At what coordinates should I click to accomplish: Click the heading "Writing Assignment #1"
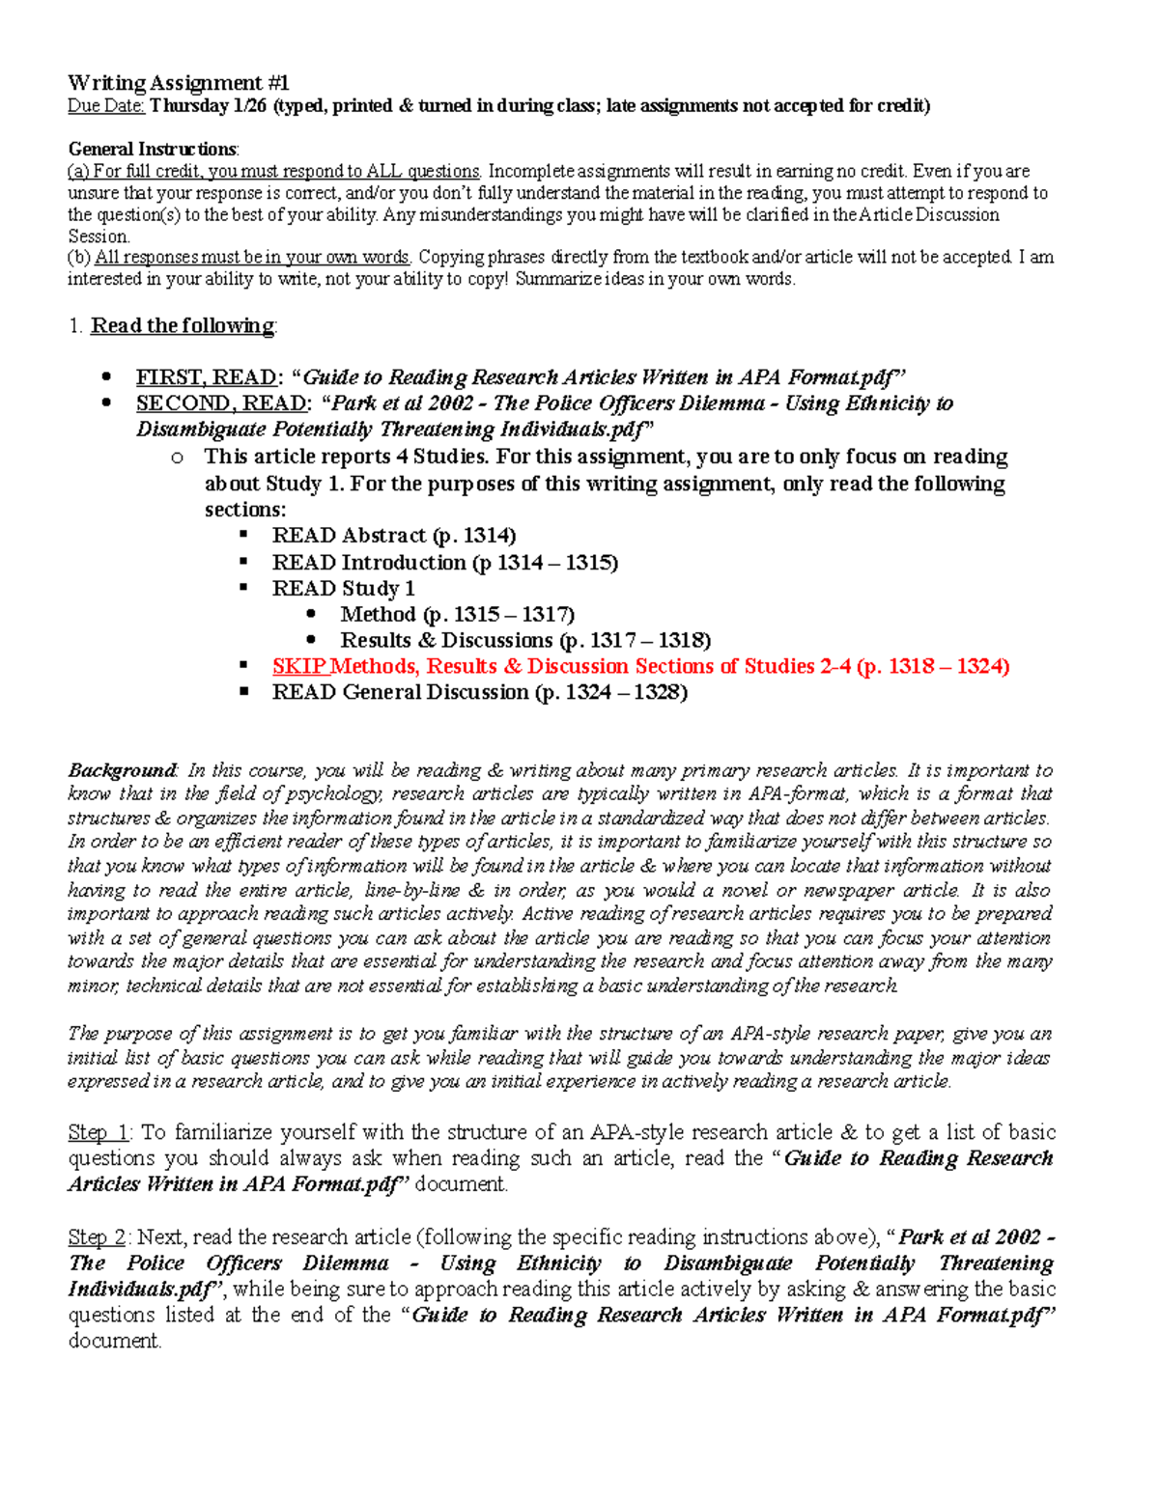tap(178, 83)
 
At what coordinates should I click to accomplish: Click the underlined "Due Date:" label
tap(105, 106)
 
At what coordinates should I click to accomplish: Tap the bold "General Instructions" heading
tap(152, 149)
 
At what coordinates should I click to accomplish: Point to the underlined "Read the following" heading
tap(182, 326)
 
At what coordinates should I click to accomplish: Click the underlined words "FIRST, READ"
tap(206, 377)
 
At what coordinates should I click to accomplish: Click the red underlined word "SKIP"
tap(299, 666)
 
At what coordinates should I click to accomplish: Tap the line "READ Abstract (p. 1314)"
tap(393, 536)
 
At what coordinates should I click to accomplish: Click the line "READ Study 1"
tap(343, 589)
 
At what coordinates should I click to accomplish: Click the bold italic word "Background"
tap(122, 770)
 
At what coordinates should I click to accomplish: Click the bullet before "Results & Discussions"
tap(311, 640)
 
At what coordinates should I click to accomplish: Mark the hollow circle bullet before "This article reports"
tap(176, 458)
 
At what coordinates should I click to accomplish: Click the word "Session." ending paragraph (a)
tap(99, 236)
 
